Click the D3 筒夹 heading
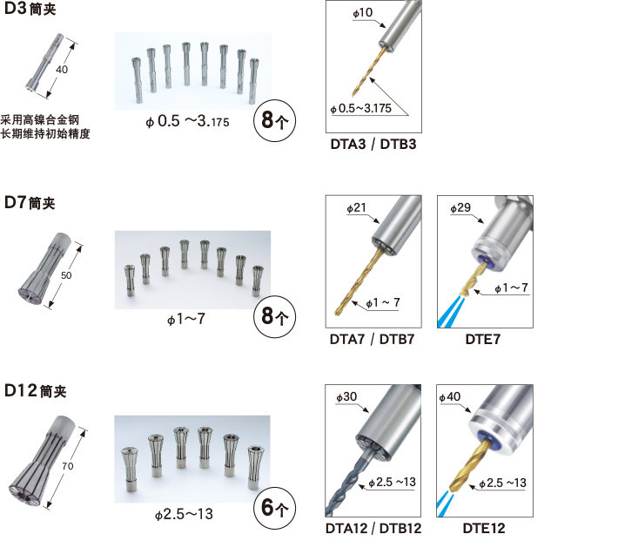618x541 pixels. (30, 9)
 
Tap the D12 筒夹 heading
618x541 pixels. (35, 390)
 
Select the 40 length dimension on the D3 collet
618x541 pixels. (62, 70)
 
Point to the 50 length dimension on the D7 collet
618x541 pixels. (66, 275)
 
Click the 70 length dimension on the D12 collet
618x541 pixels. (67, 466)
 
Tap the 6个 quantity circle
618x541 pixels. (274, 508)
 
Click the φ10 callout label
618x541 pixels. (363, 12)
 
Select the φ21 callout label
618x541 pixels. (357, 207)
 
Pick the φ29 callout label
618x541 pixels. (460, 207)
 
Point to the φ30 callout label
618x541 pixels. (346, 396)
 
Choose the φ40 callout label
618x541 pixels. (450, 396)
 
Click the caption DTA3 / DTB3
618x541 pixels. (373, 145)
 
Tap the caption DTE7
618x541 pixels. (483, 339)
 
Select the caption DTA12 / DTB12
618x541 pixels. (373, 528)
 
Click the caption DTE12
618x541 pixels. (484, 528)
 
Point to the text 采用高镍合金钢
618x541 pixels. (40, 119)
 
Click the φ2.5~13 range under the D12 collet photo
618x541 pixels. (184, 514)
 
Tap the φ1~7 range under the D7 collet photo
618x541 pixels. (186, 319)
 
